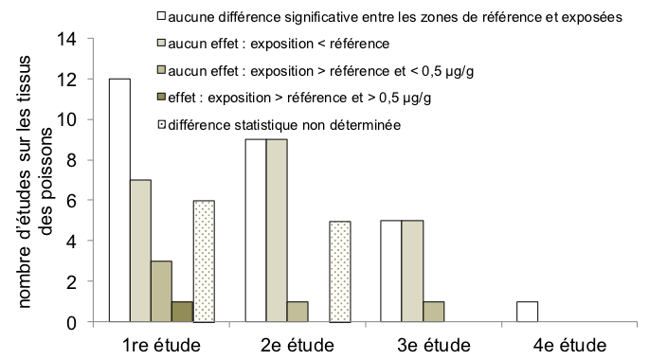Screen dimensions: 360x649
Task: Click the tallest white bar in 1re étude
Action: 119,201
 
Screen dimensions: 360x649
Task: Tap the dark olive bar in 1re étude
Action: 183,313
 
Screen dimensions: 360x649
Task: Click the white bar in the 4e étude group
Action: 529,313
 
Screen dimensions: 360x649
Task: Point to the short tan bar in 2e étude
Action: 297,313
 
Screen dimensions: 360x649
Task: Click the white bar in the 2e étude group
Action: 256,231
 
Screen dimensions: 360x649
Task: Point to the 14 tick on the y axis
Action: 67,39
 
